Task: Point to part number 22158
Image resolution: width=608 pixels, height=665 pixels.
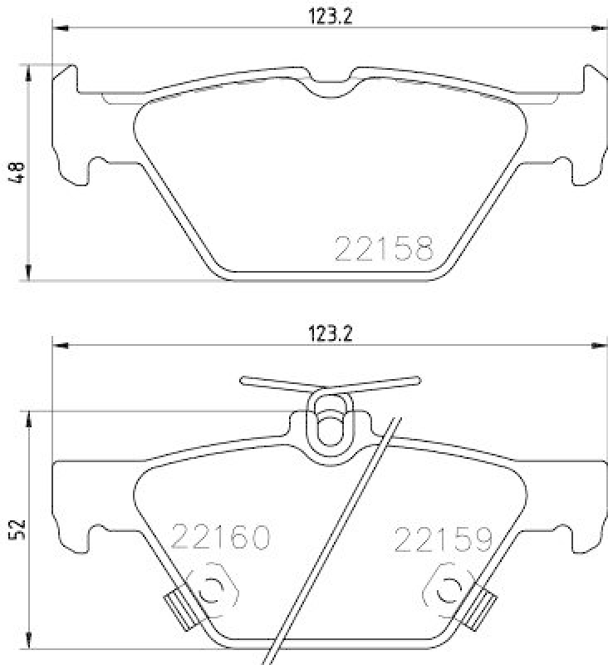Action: (x=383, y=247)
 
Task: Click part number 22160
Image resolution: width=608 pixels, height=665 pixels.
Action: (x=221, y=538)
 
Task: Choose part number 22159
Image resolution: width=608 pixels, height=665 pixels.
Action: (x=443, y=538)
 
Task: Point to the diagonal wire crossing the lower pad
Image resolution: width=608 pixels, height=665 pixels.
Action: (x=332, y=540)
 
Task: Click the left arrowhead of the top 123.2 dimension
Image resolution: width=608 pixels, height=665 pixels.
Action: (x=59, y=28)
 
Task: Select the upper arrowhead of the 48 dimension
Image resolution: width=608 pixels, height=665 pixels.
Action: (x=29, y=71)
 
